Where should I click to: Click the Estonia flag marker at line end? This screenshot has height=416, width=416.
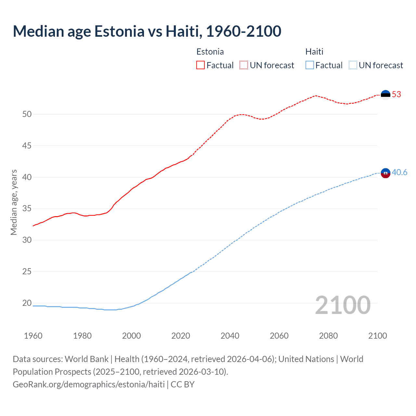click(x=385, y=95)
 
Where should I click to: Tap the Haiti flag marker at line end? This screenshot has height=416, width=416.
click(x=385, y=173)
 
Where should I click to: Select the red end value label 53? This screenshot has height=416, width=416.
click(x=396, y=95)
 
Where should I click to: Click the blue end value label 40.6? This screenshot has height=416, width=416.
click(x=399, y=173)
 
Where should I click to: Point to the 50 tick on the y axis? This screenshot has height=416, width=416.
click(x=27, y=114)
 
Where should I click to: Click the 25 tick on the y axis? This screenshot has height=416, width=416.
click(x=27, y=271)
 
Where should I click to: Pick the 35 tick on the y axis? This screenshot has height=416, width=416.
click(x=27, y=208)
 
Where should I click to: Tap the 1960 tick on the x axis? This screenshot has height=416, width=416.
click(x=33, y=336)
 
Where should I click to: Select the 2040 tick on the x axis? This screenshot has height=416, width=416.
click(x=230, y=336)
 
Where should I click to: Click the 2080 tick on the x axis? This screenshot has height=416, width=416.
click(x=328, y=336)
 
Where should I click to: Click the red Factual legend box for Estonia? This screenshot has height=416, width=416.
click(x=201, y=65)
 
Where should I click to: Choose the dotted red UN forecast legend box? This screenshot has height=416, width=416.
click(x=244, y=65)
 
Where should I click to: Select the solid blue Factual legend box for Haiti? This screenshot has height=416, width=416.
click(x=310, y=65)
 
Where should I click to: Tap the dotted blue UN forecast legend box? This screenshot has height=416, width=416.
click(x=353, y=65)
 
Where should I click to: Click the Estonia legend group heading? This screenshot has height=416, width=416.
click(x=210, y=52)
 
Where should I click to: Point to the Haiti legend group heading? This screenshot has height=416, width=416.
click(x=314, y=52)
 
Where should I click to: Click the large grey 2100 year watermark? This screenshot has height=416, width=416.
click(x=343, y=305)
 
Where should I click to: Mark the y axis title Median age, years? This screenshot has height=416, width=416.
click(x=14, y=202)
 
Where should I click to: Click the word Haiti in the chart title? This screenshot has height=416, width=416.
click(x=182, y=31)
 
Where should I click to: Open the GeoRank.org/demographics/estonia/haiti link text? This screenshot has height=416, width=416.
click(x=89, y=384)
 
